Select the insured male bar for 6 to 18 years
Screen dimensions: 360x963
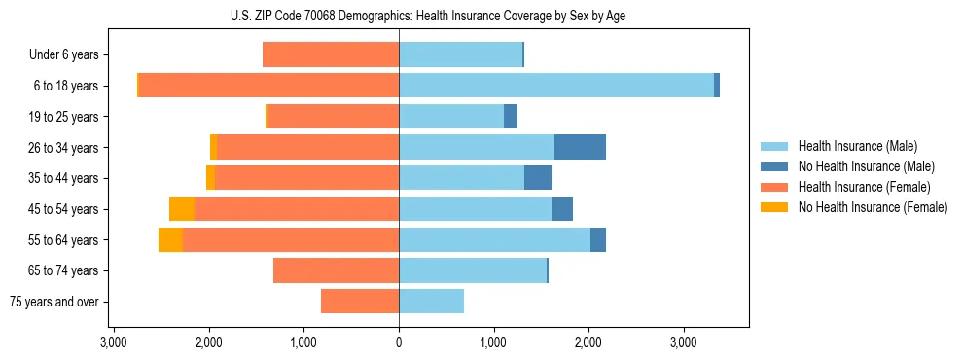pos(555,86)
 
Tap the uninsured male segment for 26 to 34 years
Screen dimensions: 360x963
pos(580,147)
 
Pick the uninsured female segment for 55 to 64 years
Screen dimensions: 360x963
pos(170,239)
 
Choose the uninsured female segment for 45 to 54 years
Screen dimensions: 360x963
pos(181,209)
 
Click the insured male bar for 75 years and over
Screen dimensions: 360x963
pos(431,302)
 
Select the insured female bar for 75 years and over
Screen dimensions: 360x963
pos(360,302)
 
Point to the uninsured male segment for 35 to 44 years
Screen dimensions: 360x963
pos(538,178)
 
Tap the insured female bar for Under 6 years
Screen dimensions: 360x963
pos(331,54)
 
